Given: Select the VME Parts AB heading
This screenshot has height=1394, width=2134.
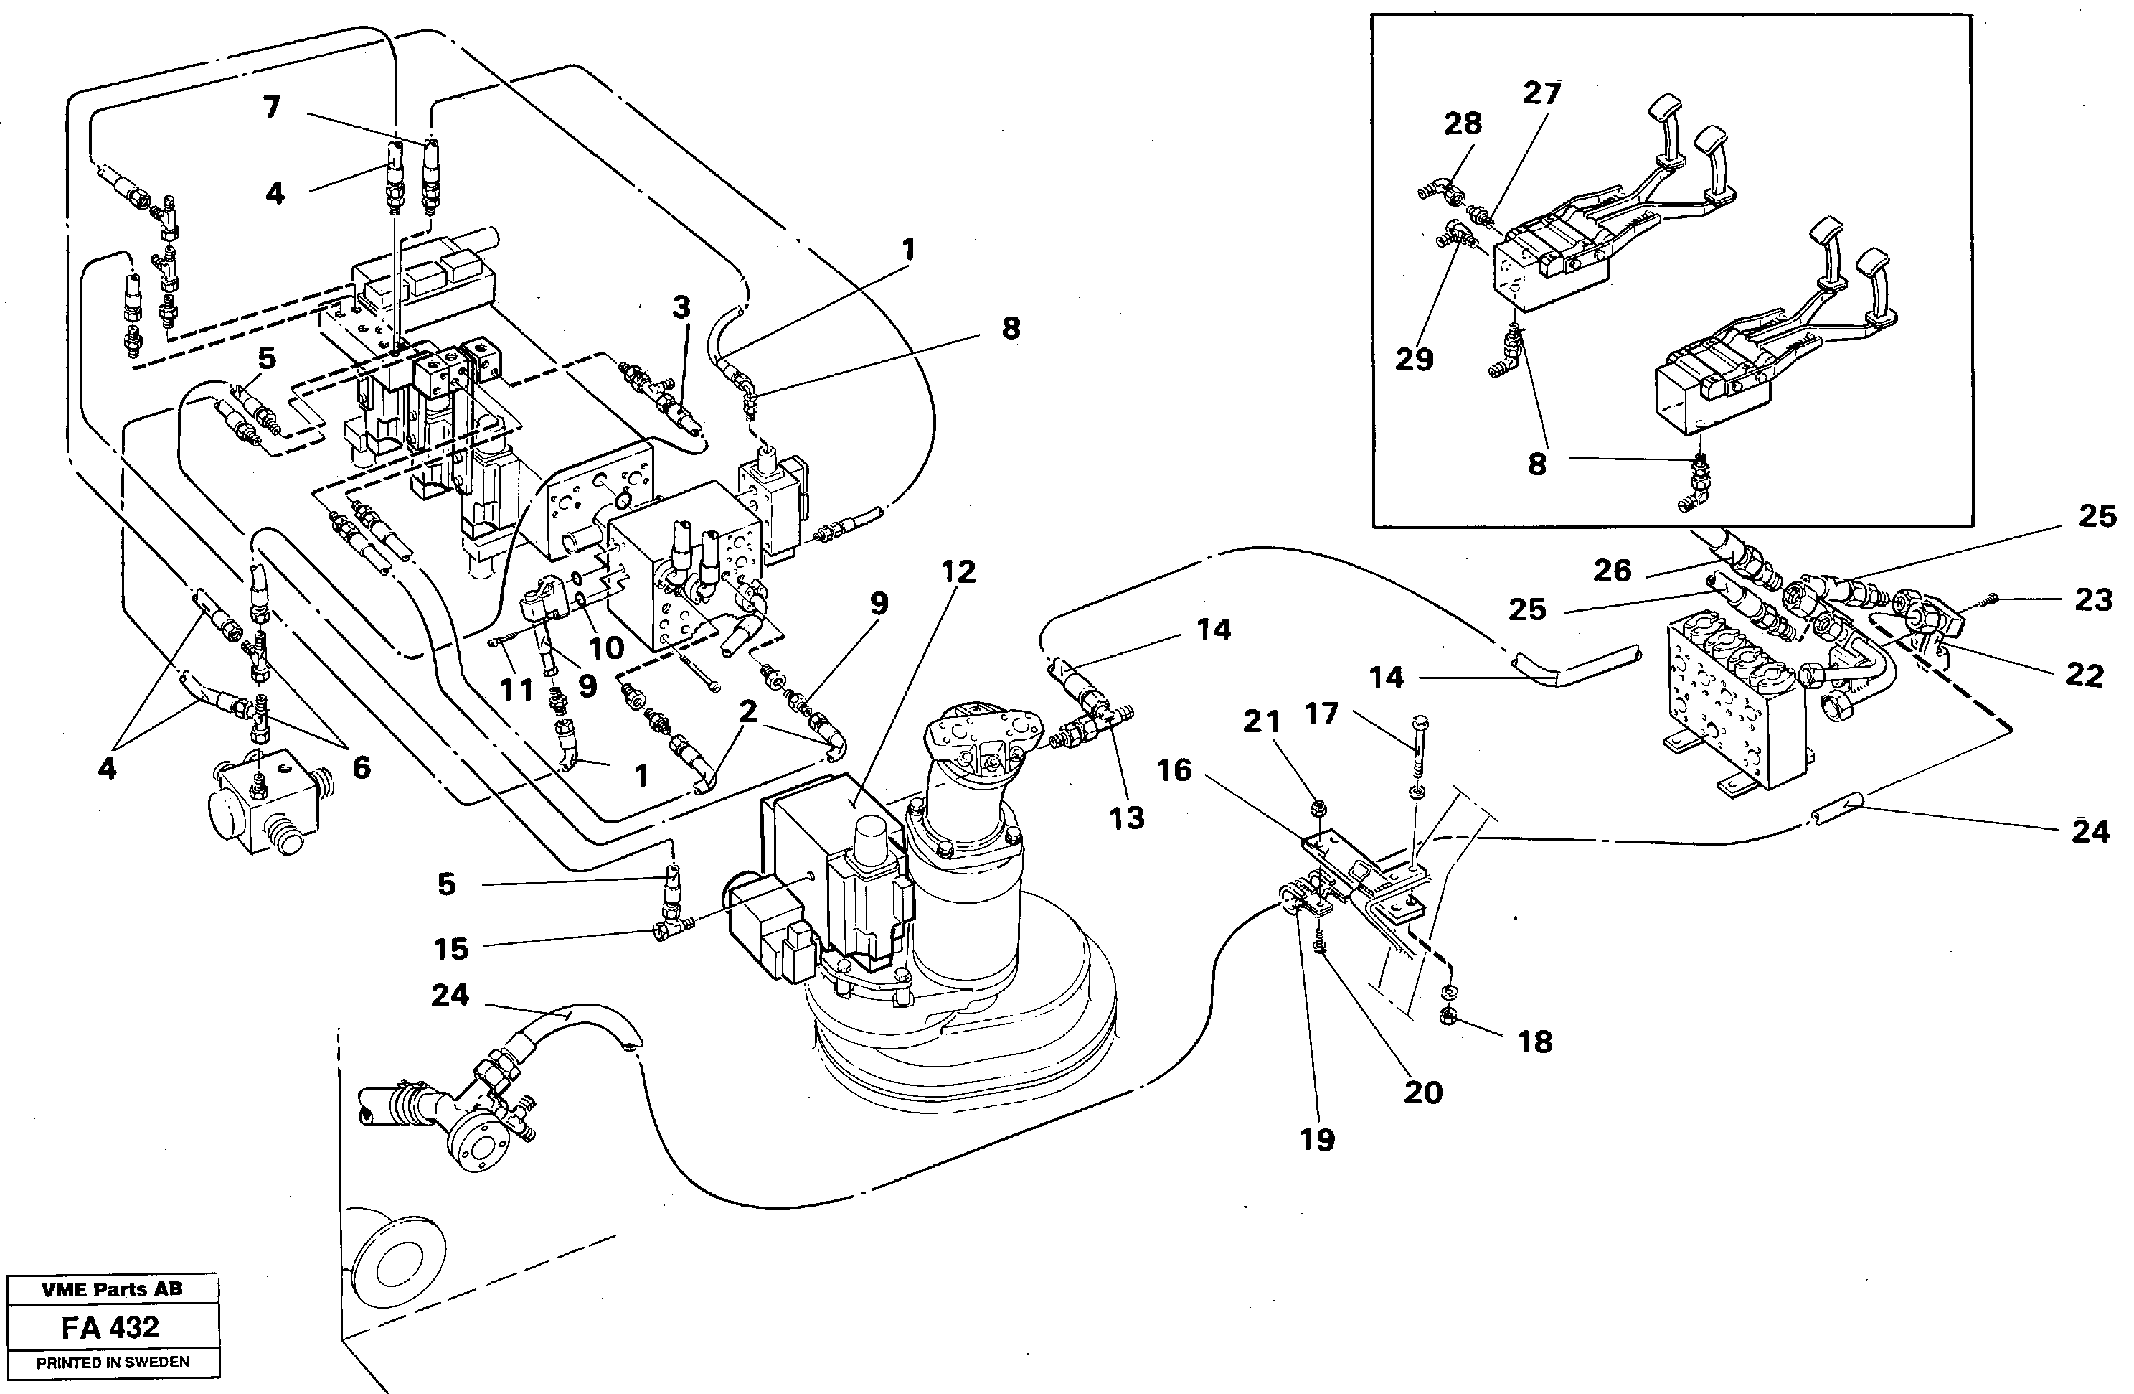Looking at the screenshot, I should (x=112, y=1289).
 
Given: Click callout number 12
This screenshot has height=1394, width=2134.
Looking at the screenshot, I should (x=958, y=571).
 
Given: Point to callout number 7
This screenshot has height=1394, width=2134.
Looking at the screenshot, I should (x=271, y=108).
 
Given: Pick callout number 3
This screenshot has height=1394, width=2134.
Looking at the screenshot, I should (x=681, y=308).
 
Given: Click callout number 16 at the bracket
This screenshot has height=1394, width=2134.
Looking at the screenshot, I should (x=1175, y=769).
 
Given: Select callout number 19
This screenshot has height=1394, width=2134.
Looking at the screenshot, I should (x=1316, y=1139).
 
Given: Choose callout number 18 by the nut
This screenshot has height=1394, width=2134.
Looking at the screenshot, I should (x=1534, y=1042).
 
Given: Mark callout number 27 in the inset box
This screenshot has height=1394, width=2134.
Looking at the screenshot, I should (x=1542, y=93).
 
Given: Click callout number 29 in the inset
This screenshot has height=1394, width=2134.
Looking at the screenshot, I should (x=1414, y=360).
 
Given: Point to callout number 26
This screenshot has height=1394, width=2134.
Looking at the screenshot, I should (x=1611, y=570).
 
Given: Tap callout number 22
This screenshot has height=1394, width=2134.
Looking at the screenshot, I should (x=2083, y=675).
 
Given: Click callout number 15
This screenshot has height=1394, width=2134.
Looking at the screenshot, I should (x=451, y=948).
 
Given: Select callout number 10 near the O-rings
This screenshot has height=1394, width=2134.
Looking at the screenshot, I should (x=606, y=647).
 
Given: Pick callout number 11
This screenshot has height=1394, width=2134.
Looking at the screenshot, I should (x=517, y=690).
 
